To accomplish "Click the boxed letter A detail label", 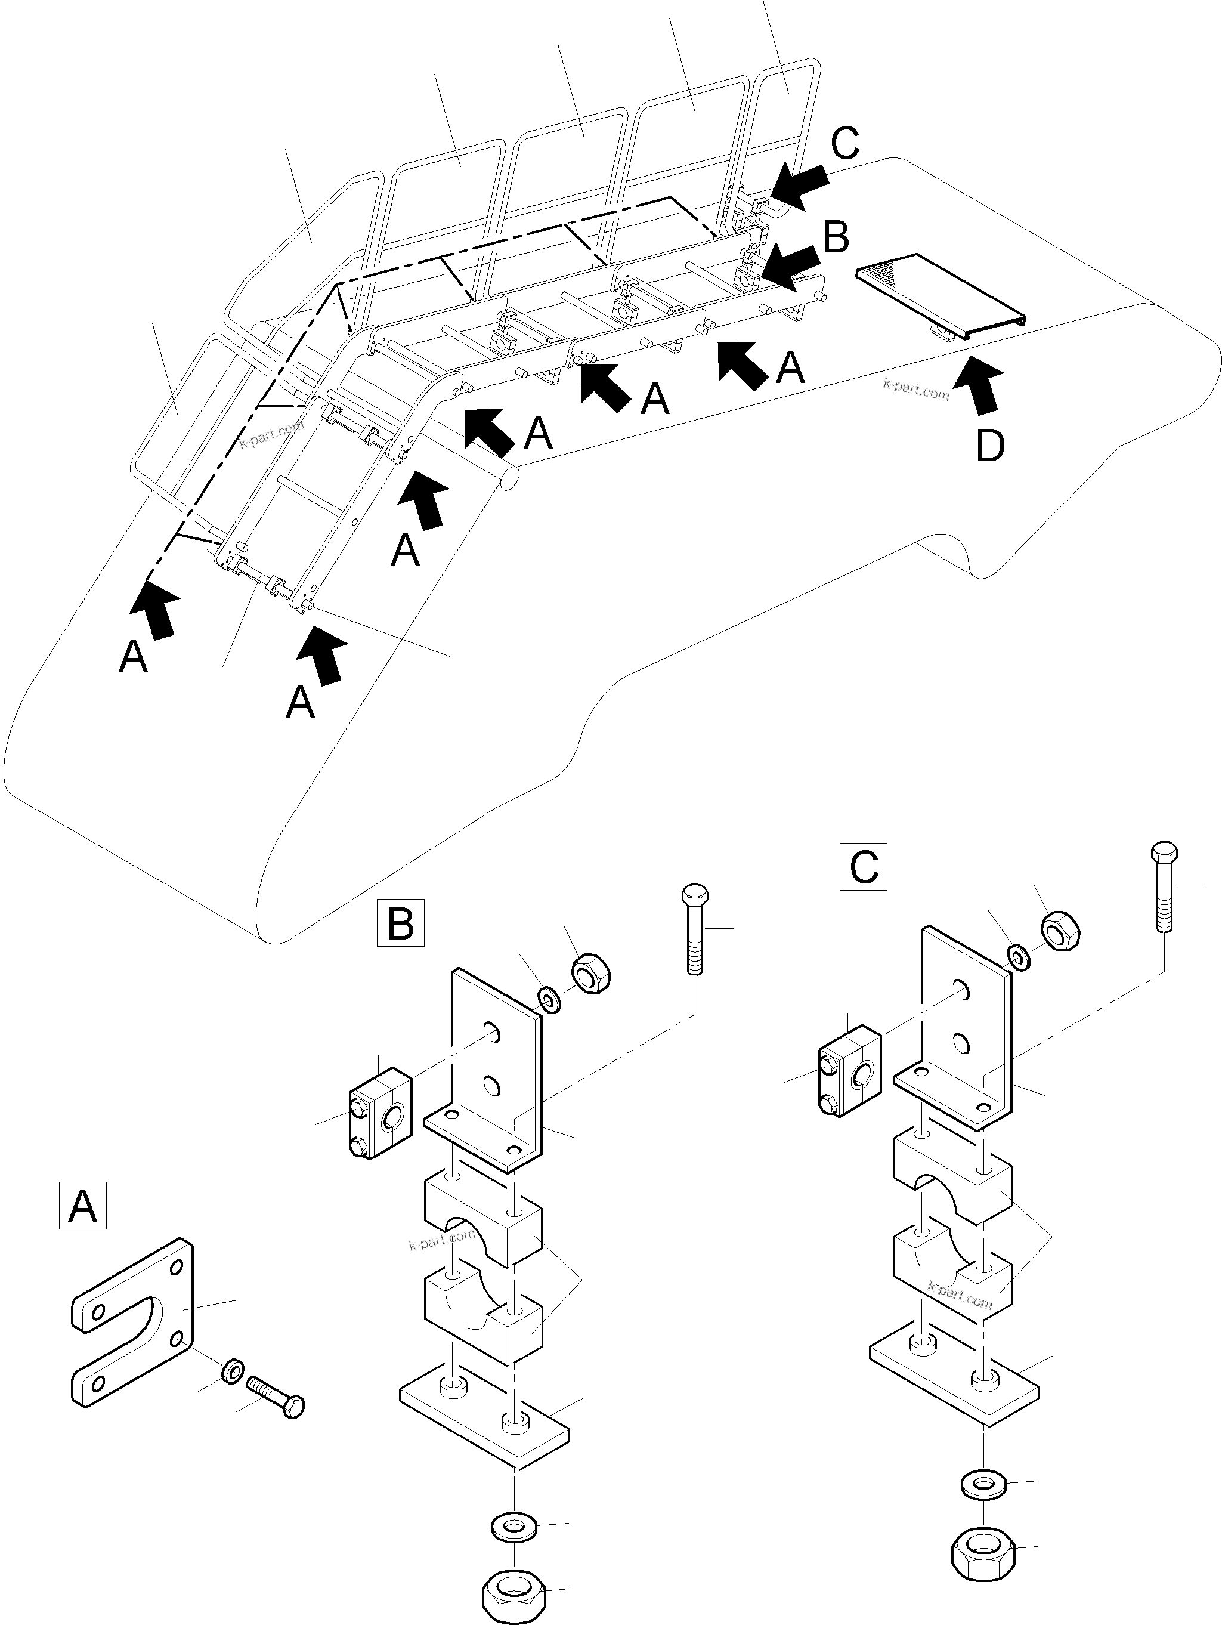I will coord(82,1206).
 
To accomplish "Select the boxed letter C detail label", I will coord(863,867).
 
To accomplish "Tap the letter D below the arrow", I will coord(990,445).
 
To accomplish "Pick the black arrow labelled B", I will coord(791,266).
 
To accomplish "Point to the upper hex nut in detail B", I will coord(591,974).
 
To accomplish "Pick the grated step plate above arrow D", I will coord(940,288).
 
